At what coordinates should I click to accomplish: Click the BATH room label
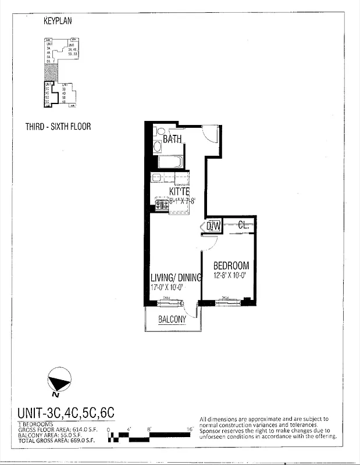click(x=172, y=139)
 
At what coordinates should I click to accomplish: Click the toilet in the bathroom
click(x=158, y=131)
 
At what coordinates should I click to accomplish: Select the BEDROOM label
click(x=231, y=265)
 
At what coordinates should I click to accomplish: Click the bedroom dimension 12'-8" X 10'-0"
click(x=231, y=276)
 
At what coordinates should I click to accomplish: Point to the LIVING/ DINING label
click(x=176, y=277)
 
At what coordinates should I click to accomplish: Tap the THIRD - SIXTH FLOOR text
click(x=58, y=126)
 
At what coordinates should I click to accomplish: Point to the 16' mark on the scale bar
click(x=190, y=429)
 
